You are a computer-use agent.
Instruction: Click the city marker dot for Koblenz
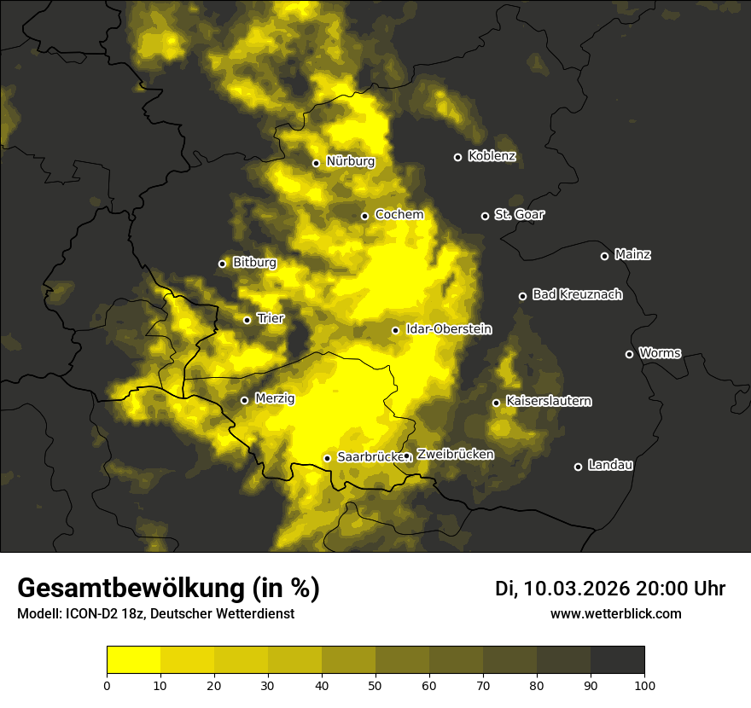[457, 157]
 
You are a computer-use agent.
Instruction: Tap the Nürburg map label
[350, 161]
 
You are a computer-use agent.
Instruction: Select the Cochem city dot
[364, 216]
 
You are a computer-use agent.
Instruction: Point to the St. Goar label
[519, 214]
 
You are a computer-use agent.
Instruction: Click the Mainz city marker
[604, 256]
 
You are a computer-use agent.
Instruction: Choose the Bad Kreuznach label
[577, 294]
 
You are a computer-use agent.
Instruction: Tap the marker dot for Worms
[629, 354]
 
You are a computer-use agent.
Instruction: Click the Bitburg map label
[254, 263]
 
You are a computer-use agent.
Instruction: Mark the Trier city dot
[247, 320]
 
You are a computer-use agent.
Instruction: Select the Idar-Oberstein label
[448, 328]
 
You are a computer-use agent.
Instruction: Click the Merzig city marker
[244, 400]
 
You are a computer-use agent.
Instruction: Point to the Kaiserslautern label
[548, 401]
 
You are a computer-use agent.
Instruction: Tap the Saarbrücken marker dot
[327, 458]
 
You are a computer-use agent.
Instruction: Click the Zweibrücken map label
[455, 455]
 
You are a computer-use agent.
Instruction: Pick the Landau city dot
[578, 467]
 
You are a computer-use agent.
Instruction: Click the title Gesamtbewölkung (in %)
[168, 589]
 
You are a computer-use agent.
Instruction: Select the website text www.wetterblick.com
[615, 613]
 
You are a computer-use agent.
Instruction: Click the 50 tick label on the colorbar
[375, 684]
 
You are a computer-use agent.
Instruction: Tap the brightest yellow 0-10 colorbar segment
[133, 659]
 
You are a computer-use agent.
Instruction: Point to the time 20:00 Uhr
[680, 589]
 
